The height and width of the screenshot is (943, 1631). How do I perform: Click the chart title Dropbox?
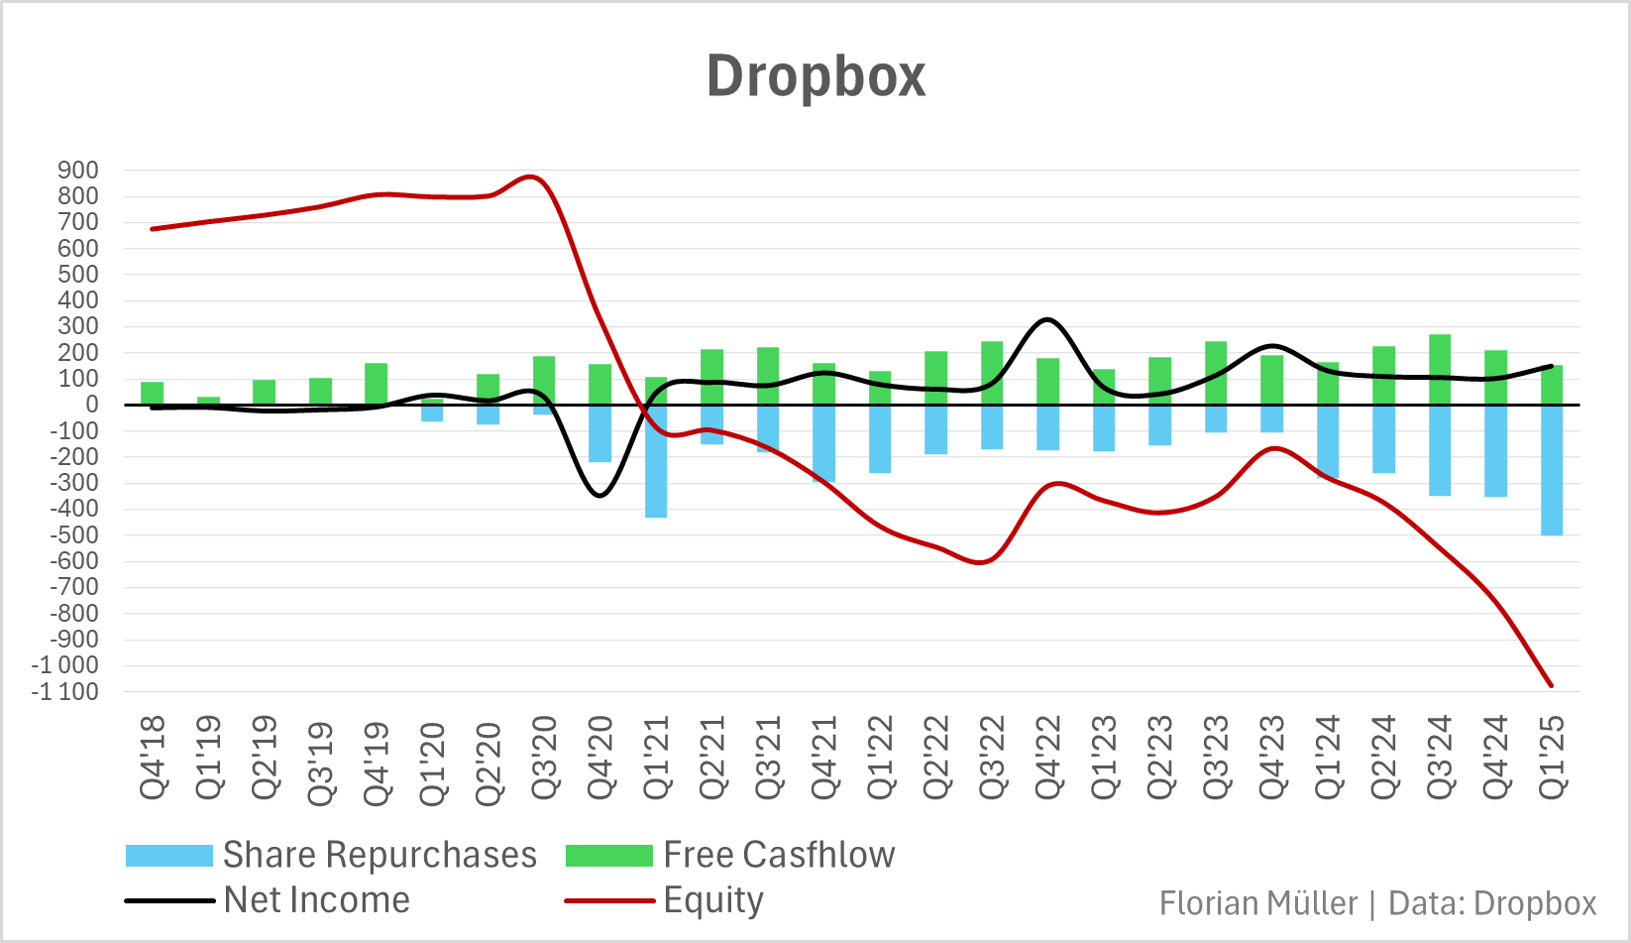pos(815,75)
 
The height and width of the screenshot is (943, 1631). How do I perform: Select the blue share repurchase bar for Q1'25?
pos(1552,470)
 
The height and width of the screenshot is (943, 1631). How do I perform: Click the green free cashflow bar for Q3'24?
pos(1440,369)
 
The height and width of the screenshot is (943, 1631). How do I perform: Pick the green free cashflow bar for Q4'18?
pos(153,394)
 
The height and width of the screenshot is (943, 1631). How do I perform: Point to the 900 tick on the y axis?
pos(78,171)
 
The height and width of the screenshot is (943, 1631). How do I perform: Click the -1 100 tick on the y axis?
pos(65,692)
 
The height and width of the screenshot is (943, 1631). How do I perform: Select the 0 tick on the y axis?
pos(92,405)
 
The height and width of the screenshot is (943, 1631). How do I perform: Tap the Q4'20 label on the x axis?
pos(600,759)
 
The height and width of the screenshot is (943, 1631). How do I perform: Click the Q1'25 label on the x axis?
pos(1552,759)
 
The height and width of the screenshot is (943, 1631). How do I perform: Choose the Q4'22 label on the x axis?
pos(1048,759)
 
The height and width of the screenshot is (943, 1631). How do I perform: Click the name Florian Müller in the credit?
pos(1258,903)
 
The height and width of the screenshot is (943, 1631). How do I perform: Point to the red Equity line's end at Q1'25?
pos(1551,685)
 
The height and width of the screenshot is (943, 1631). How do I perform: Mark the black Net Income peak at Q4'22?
pos(1047,319)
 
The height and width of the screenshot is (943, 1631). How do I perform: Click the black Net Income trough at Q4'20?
pos(600,495)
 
